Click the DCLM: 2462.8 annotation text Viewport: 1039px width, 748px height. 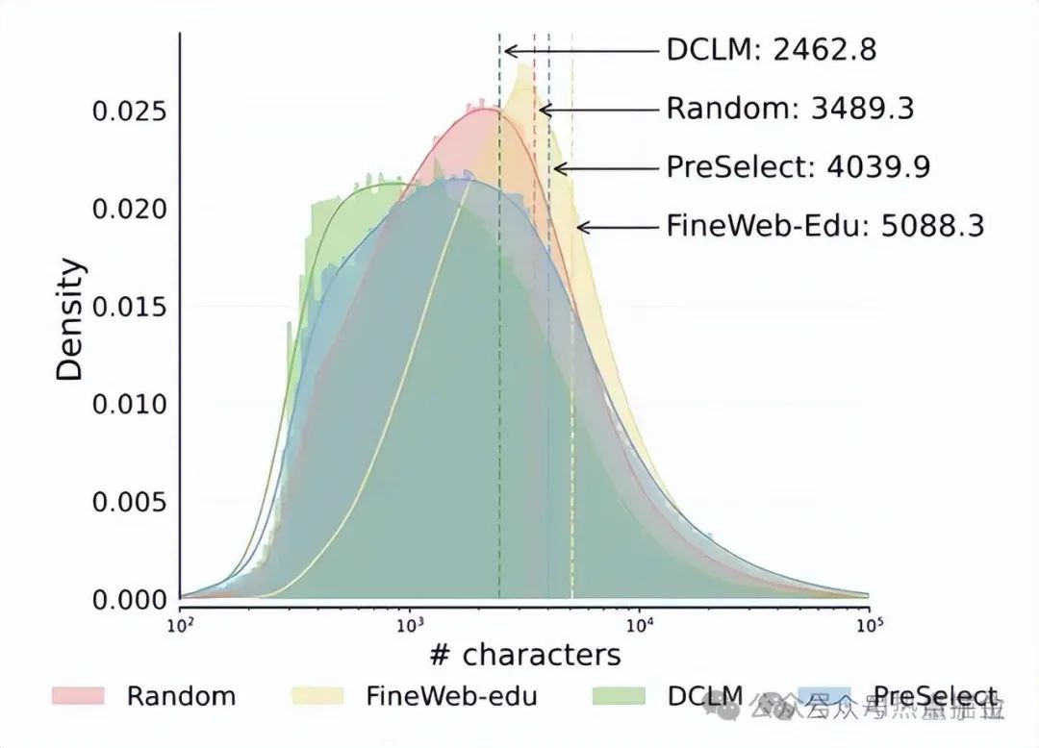(772, 50)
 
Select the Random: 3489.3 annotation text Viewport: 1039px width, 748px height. (790, 109)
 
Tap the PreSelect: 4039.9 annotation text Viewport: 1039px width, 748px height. (798, 168)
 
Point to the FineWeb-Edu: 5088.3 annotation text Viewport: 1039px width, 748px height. (825, 227)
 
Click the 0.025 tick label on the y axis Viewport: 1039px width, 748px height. (129, 112)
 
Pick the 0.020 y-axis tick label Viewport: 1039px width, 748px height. (129, 210)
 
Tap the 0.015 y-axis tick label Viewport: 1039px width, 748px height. (129, 308)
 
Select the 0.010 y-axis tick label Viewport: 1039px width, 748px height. (129, 405)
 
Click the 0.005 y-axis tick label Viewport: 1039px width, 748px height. (129, 503)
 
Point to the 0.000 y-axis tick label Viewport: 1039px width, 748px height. (129, 600)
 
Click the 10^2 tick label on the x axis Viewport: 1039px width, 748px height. (180, 624)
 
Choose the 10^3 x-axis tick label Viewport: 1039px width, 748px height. (410, 624)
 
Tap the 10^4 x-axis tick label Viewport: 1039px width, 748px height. (640, 624)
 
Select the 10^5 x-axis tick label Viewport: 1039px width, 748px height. (869, 624)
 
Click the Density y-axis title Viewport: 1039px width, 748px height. (69, 320)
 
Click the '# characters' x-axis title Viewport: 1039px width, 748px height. (524, 656)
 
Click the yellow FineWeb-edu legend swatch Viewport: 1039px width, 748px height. (315, 696)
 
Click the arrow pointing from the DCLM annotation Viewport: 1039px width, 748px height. (581, 50)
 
